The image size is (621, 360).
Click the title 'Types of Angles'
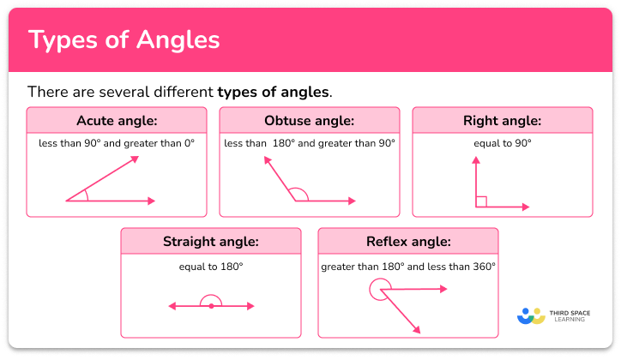tap(124, 40)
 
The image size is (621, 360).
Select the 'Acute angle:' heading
tap(116, 121)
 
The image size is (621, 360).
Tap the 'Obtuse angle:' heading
tap(309, 121)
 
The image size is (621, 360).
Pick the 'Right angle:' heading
tap(502, 121)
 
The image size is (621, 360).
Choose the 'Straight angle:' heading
tap(210, 242)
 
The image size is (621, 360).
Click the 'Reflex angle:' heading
tap(407, 242)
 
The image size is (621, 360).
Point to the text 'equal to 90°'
tap(502, 143)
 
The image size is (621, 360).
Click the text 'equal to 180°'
tap(211, 267)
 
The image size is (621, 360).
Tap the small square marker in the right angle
tap(482, 201)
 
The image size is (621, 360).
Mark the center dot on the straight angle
tap(211, 306)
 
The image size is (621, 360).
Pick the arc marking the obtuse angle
tap(297, 193)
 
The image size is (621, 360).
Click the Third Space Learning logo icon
tap(531, 315)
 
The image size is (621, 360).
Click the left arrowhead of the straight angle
tap(172, 306)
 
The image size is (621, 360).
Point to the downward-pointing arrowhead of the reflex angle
tap(417, 330)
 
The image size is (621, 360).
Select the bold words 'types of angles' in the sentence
tap(274, 91)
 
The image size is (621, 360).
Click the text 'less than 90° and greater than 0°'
tap(116, 143)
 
